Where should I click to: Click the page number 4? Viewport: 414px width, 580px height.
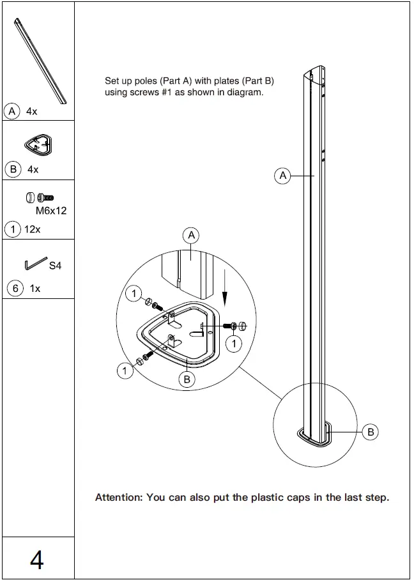(x=37, y=560)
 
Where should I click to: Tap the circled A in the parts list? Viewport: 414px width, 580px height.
(x=11, y=111)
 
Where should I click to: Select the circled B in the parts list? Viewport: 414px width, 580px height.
(x=11, y=169)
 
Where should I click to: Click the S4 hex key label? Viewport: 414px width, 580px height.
(x=55, y=265)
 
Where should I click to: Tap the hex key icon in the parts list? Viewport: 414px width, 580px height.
(x=36, y=263)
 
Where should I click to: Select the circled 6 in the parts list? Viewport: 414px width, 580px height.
(x=15, y=288)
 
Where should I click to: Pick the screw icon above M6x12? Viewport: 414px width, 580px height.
(x=40, y=198)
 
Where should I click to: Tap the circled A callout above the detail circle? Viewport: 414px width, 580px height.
(x=191, y=236)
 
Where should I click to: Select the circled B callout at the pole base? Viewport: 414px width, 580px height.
(x=371, y=432)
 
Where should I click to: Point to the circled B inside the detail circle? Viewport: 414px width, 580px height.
(x=187, y=379)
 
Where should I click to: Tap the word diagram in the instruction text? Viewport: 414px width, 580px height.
(x=246, y=92)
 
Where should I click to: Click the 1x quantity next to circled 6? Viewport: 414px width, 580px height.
(x=35, y=288)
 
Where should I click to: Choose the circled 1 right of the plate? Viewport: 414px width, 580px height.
(x=236, y=344)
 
